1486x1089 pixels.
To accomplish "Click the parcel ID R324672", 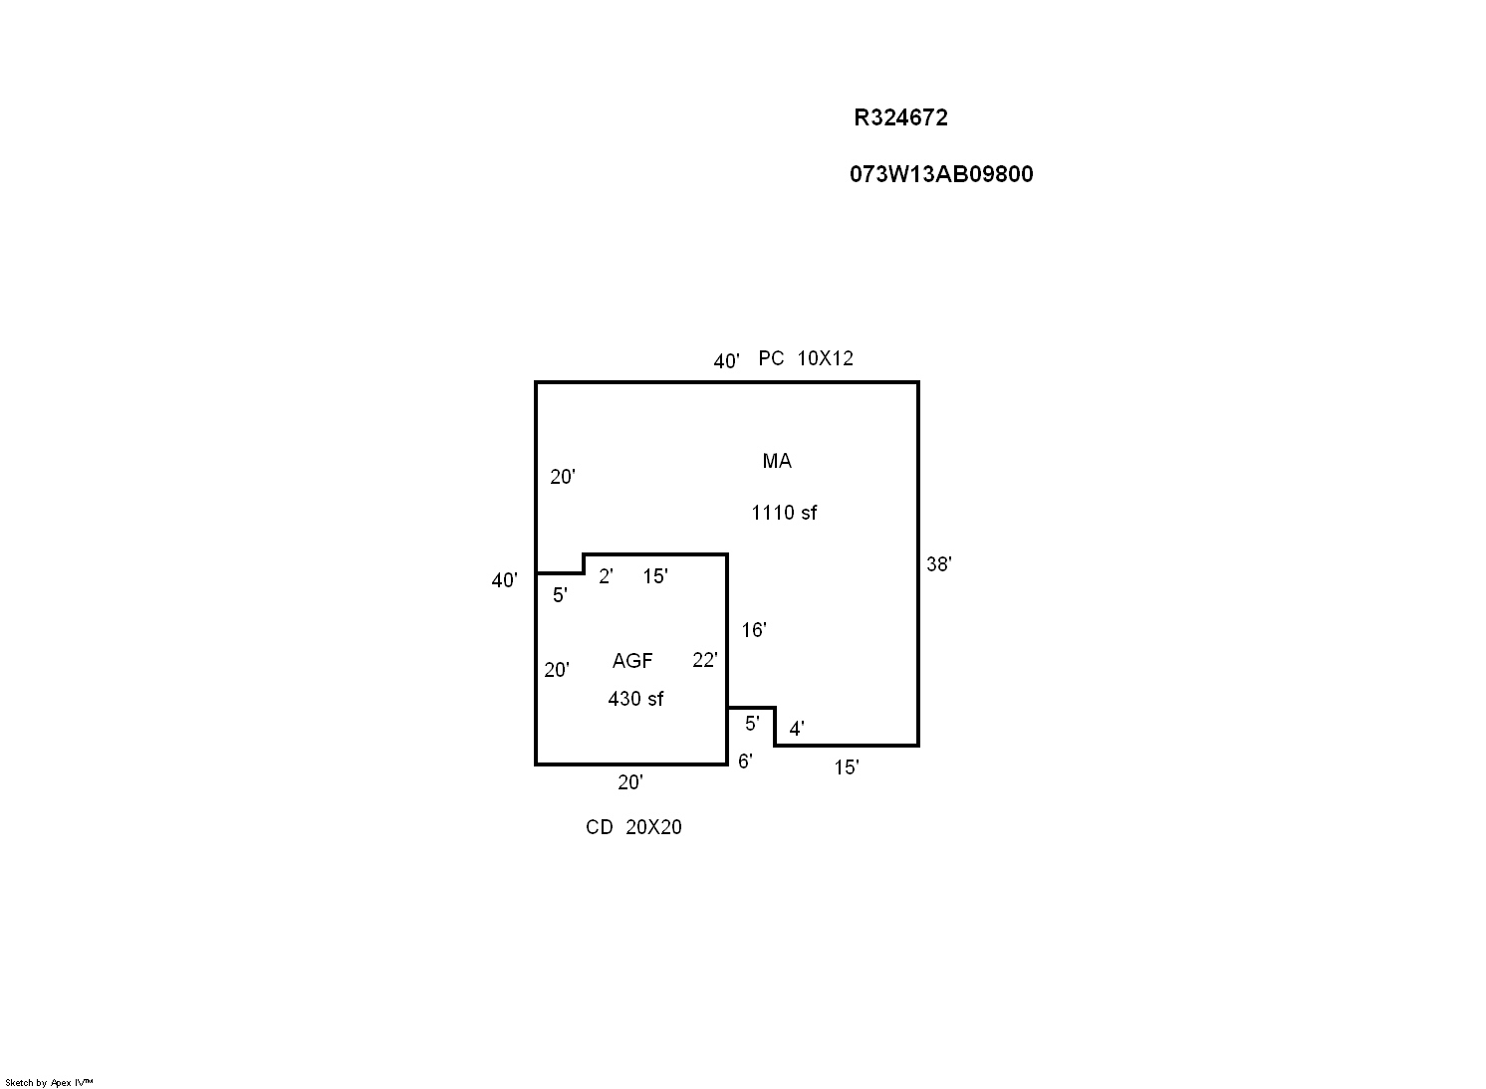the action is click(900, 117).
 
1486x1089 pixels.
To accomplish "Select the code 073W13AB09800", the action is click(941, 174).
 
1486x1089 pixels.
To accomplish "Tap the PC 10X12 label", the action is click(806, 358).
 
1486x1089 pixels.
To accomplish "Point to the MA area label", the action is click(777, 461).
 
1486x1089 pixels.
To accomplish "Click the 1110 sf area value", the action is click(784, 513).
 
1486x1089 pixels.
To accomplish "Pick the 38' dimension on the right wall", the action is click(938, 563).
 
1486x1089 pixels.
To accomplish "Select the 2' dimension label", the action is click(606, 576).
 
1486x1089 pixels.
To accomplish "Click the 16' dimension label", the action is click(754, 629).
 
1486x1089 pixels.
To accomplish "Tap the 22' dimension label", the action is click(704, 660).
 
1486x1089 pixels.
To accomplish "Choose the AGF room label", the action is click(632, 661).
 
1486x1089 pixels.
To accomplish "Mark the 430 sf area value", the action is click(635, 699).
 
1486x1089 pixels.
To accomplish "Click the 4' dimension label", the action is click(797, 729).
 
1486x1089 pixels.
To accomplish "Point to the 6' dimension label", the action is click(745, 762).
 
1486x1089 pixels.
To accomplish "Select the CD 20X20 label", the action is click(633, 827).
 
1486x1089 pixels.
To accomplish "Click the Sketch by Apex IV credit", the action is click(49, 1082).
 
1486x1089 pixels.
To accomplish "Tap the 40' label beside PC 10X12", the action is click(726, 361).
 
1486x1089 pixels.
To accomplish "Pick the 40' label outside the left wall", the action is click(504, 580).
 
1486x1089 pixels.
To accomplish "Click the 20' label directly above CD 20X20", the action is click(630, 782).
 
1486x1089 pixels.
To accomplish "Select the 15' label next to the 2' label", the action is click(654, 576).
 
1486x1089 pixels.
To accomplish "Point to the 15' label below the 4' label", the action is click(846, 767).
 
